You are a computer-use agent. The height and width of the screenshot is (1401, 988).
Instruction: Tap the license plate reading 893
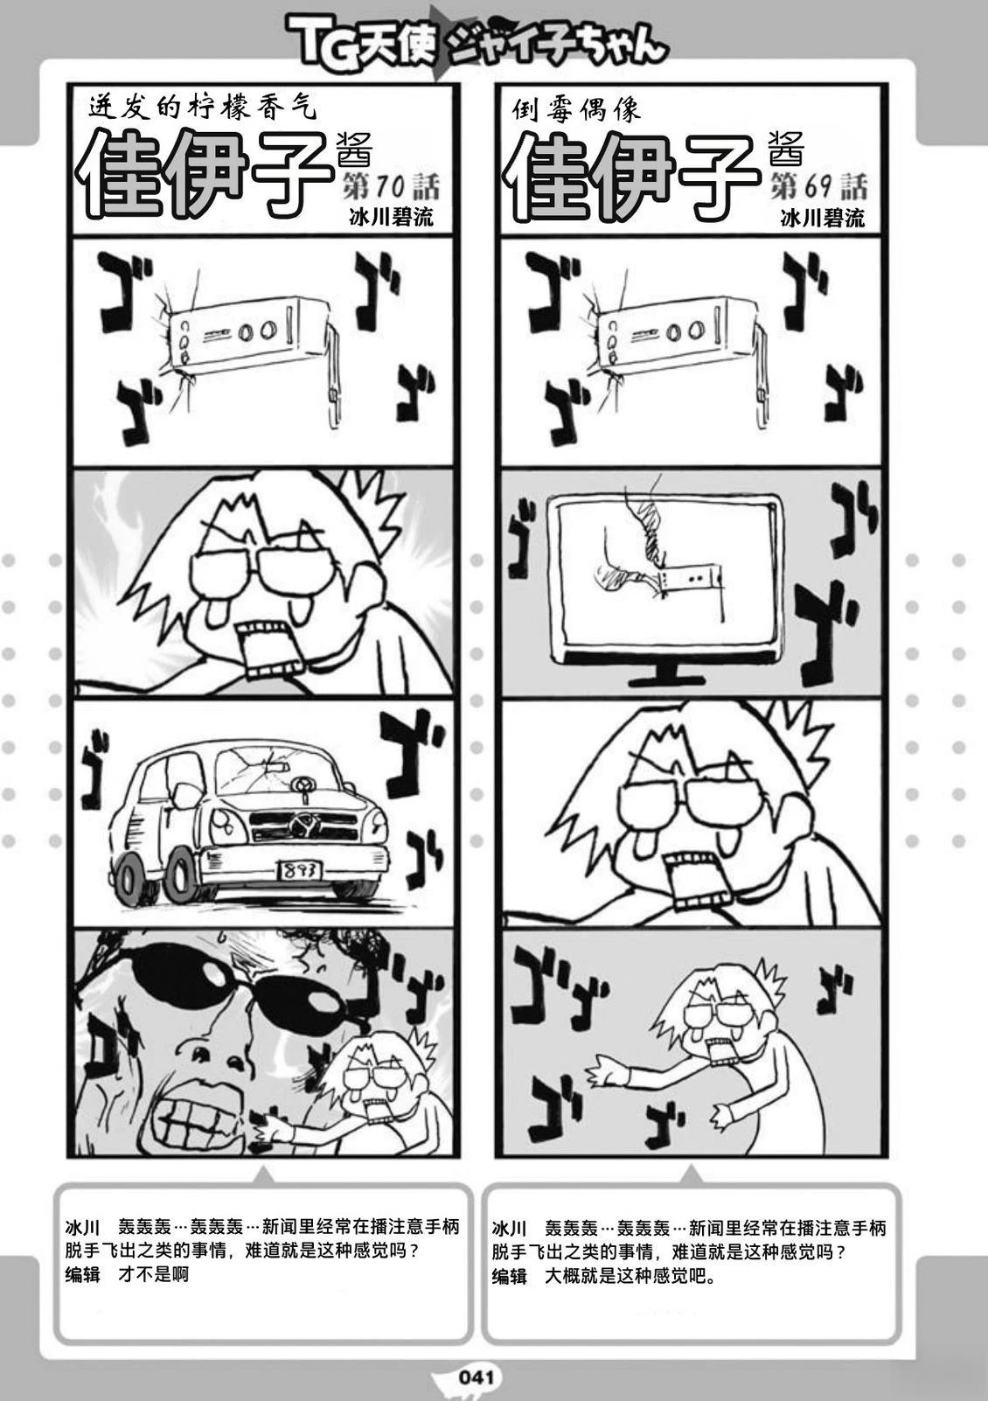[x=301, y=869]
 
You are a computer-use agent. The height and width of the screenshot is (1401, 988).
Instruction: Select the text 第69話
[x=818, y=186]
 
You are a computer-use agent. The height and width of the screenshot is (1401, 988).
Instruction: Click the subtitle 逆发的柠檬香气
[x=200, y=108]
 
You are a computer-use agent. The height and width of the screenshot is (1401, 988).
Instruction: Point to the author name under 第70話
[x=389, y=218]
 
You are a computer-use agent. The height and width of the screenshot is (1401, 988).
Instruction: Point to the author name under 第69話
[x=822, y=218]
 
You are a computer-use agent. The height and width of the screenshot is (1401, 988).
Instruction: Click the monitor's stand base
[x=674, y=680]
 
